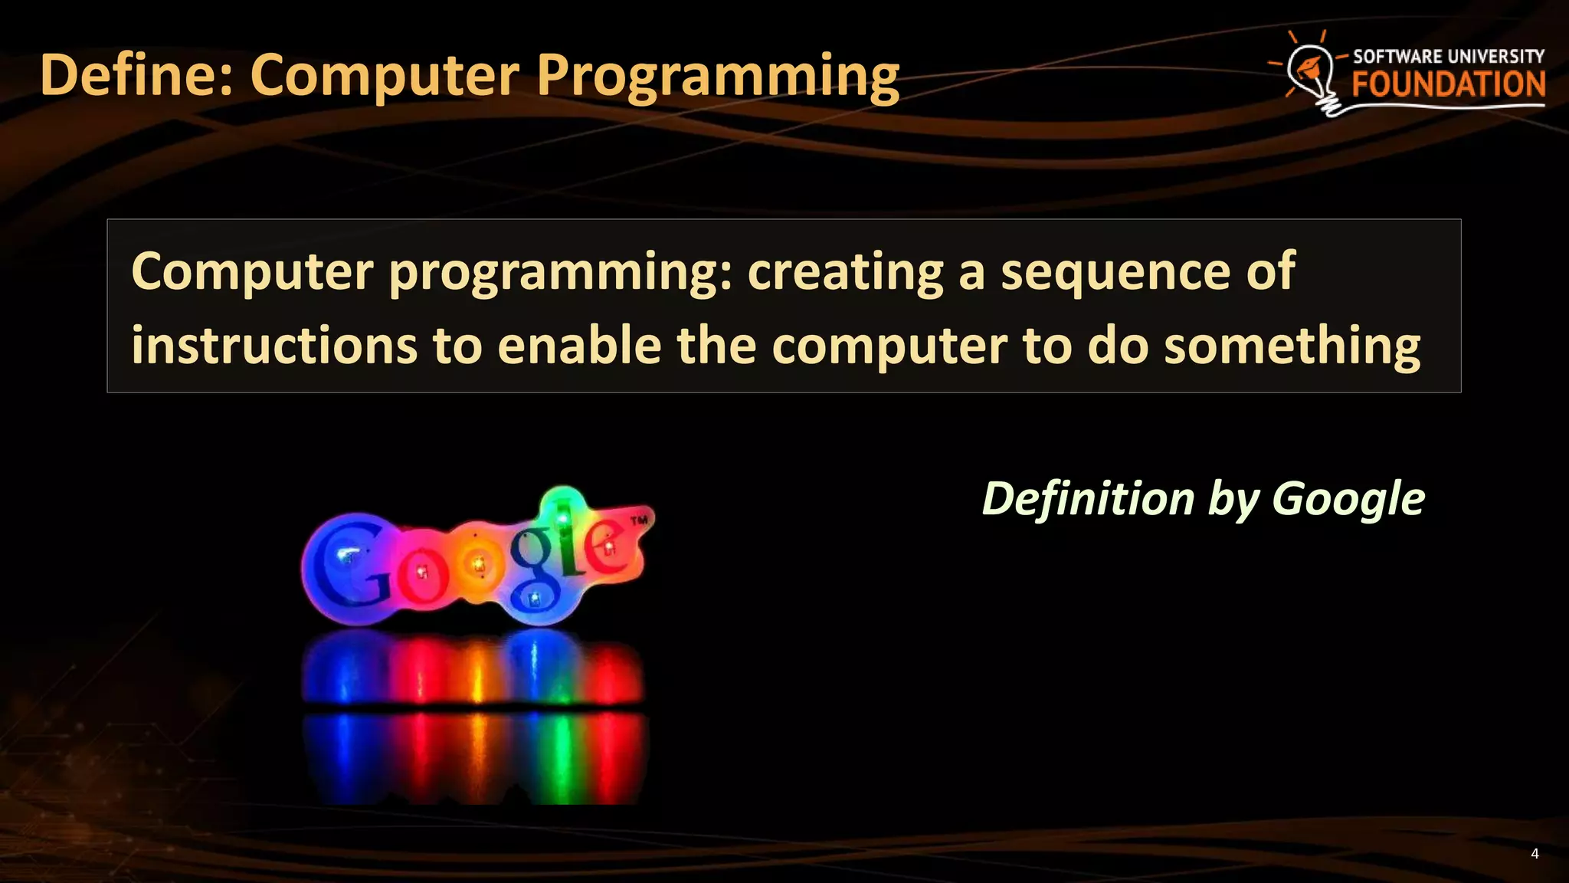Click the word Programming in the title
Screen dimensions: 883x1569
coord(717,75)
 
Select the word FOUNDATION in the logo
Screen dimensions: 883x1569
coord(1448,84)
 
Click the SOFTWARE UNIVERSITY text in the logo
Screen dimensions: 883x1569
coord(1448,56)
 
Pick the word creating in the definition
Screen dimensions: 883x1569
coord(845,271)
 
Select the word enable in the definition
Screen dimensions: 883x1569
coord(579,346)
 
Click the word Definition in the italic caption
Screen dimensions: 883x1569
coord(1088,498)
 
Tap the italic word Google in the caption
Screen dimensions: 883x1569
coord(1348,500)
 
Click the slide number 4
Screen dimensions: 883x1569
coord(1535,854)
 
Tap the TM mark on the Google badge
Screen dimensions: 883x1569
coord(639,521)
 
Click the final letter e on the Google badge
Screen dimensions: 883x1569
coord(608,548)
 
